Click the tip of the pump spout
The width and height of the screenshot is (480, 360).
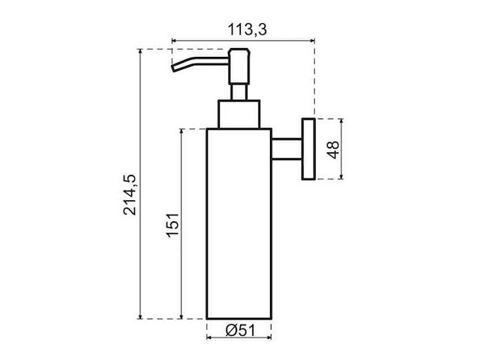(x=173, y=70)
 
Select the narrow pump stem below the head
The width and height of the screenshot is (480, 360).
(x=239, y=90)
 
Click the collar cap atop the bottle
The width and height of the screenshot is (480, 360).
(x=239, y=113)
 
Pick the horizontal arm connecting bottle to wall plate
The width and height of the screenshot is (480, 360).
(x=286, y=148)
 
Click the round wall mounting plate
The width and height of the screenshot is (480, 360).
(x=307, y=148)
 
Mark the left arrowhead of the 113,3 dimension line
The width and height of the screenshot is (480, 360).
(x=175, y=41)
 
